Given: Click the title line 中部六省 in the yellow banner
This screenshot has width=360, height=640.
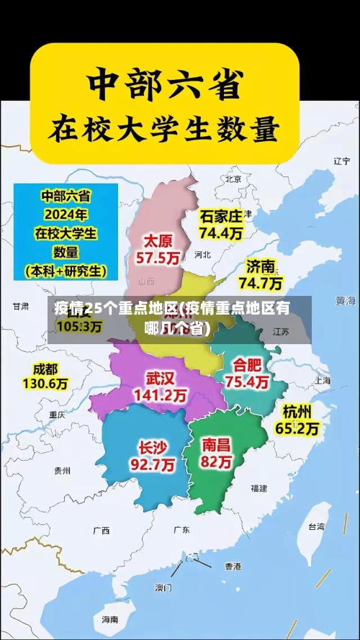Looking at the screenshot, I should (163, 85).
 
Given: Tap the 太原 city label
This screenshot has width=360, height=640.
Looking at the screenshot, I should (158, 240).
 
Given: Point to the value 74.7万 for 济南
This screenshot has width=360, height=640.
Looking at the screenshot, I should (260, 282).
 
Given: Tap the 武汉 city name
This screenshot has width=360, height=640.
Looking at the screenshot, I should (160, 378).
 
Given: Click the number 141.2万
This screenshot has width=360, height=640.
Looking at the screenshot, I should (160, 395).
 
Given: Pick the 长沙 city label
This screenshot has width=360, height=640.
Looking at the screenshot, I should (152, 447).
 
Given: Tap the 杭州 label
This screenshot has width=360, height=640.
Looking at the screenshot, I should (297, 412).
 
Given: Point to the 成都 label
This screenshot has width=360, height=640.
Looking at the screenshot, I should (44, 369).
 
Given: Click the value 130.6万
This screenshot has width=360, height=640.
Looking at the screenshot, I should (45, 384).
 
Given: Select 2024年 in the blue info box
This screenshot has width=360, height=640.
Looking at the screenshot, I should (66, 214).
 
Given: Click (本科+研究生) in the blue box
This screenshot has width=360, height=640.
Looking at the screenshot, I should (66, 271).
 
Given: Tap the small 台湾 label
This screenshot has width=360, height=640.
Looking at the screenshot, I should (316, 526).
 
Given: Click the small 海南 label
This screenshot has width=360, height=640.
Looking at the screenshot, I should (109, 619).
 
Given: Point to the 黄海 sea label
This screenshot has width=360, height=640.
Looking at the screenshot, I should (346, 300).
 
